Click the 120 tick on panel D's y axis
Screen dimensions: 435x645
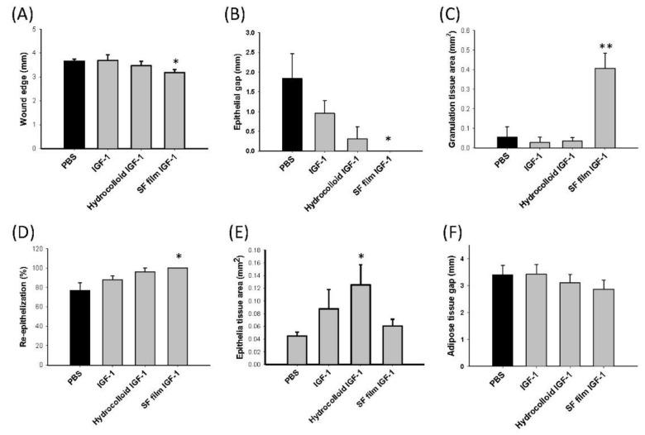point(47,249)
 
